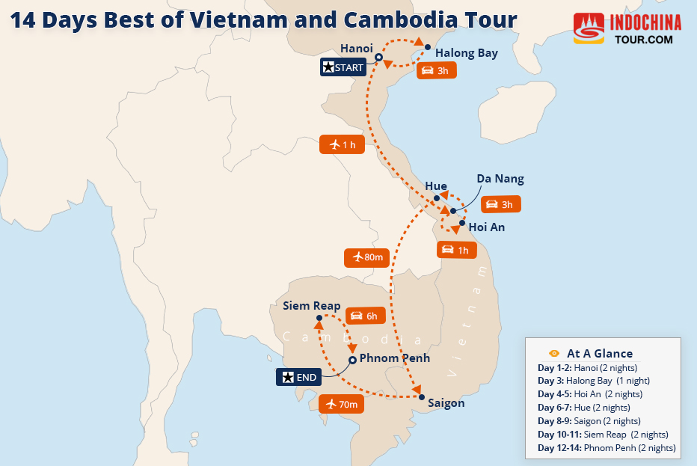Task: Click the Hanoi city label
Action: pos(356,49)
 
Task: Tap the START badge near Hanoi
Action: pos(343,67)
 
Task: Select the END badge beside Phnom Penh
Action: pos(299,377)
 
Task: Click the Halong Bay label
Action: pos(466,53)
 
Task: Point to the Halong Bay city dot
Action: pos(428,47)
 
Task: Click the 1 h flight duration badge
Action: pos(342,144)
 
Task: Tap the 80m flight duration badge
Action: pos(367,257)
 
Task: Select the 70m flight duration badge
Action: pos(342,405)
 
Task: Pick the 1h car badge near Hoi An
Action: pos(455,250)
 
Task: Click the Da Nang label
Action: pos(500,179)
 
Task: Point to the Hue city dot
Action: pos(437,199)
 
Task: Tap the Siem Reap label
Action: pos(312,306)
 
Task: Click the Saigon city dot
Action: pos(421,397)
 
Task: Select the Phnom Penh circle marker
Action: pos(352,360)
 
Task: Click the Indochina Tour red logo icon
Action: pos(589,28)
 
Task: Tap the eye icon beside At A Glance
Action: pos(554,353)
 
